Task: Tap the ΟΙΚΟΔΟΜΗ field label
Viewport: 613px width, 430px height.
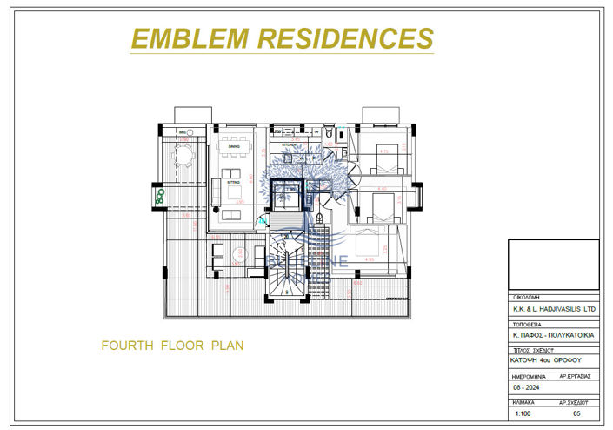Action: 527,294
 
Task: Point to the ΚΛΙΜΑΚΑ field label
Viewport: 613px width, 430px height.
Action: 524,404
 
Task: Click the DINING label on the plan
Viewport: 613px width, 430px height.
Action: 234,147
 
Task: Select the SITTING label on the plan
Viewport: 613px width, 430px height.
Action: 234,183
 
